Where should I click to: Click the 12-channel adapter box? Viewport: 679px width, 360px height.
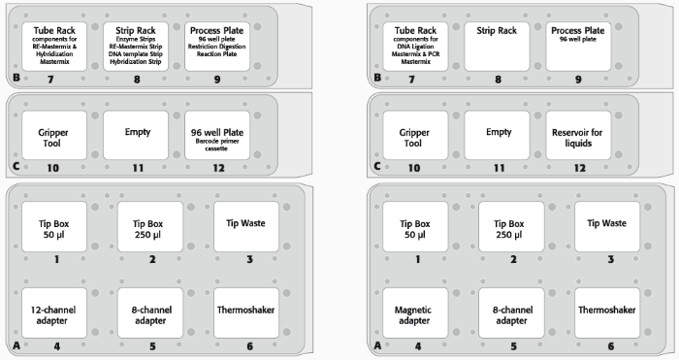(54, 312)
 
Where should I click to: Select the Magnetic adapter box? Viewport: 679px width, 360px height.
(415, 312)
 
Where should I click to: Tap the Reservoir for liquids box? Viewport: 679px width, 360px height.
(578, 135)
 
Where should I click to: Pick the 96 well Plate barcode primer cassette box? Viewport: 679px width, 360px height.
(217, 135)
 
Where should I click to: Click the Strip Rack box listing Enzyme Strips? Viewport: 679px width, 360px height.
(136, 47)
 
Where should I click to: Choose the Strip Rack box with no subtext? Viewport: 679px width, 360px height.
(497, 47)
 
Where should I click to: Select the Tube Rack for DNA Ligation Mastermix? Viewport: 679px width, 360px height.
(415, 47)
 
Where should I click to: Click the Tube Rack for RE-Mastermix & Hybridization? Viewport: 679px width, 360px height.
(54, 47)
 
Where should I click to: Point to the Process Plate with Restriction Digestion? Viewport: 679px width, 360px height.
(217, 47)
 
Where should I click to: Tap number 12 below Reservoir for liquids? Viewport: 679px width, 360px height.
(580, 168)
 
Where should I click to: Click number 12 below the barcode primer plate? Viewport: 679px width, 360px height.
(218, 168)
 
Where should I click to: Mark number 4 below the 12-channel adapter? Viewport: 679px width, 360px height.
(56, 346)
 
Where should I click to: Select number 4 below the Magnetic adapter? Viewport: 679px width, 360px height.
(418, 346)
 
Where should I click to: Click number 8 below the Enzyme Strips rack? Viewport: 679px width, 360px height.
(137, 80)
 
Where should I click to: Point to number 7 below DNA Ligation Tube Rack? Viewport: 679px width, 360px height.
(411, 80)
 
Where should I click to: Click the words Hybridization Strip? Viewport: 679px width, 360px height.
(136, 62)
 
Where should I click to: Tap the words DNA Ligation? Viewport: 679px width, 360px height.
(415, 47)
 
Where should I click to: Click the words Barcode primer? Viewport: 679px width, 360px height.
(217, 142)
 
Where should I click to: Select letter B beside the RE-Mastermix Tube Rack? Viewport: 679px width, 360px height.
(16, 78)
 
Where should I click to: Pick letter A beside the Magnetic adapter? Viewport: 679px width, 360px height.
(377, 345)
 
